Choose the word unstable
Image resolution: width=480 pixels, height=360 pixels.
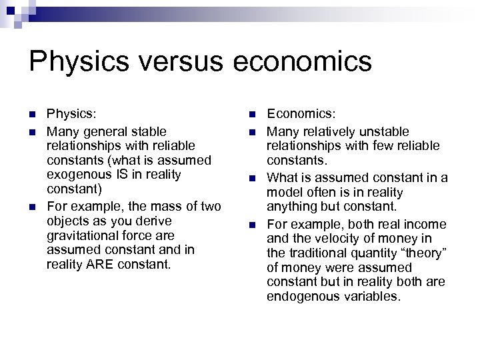386,131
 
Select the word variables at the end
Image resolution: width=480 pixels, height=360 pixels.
373,297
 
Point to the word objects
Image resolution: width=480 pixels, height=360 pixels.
68,221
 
